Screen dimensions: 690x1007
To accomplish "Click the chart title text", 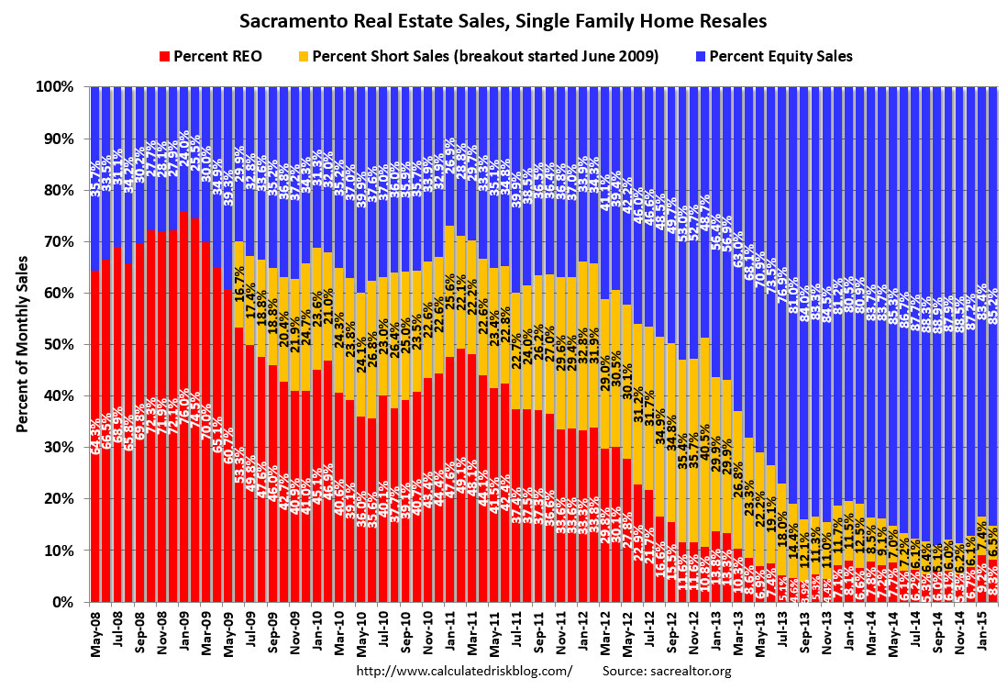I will (503, 19).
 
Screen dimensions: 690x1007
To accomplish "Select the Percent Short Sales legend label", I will (485, 56).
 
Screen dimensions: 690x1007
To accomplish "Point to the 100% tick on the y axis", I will (54, 87).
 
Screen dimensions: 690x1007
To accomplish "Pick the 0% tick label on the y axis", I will (61, 602).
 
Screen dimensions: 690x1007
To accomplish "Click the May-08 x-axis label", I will (96, 635).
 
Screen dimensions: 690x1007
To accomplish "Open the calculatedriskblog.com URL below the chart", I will (463, 672).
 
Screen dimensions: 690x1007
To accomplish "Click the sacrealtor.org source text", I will (667, 672).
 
